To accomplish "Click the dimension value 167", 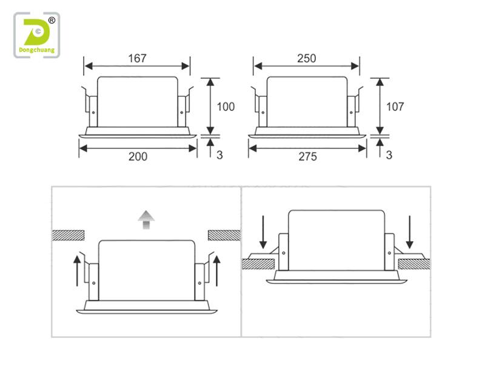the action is click(x=137, y=58).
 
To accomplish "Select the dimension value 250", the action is click(x=307, y=58).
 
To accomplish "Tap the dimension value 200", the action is click(x=138, y=156).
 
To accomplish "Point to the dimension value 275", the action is click(x=307, y=156).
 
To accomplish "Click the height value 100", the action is click(x=226, y=107).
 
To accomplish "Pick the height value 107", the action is click(x=395, y=107).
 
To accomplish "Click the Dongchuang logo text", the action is click(x=36, y=50).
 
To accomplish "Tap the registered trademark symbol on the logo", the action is click(x=52, y=21).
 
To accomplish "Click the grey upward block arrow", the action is click(x=146, y=220).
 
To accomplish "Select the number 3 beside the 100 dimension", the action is click(x=219, y=155).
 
